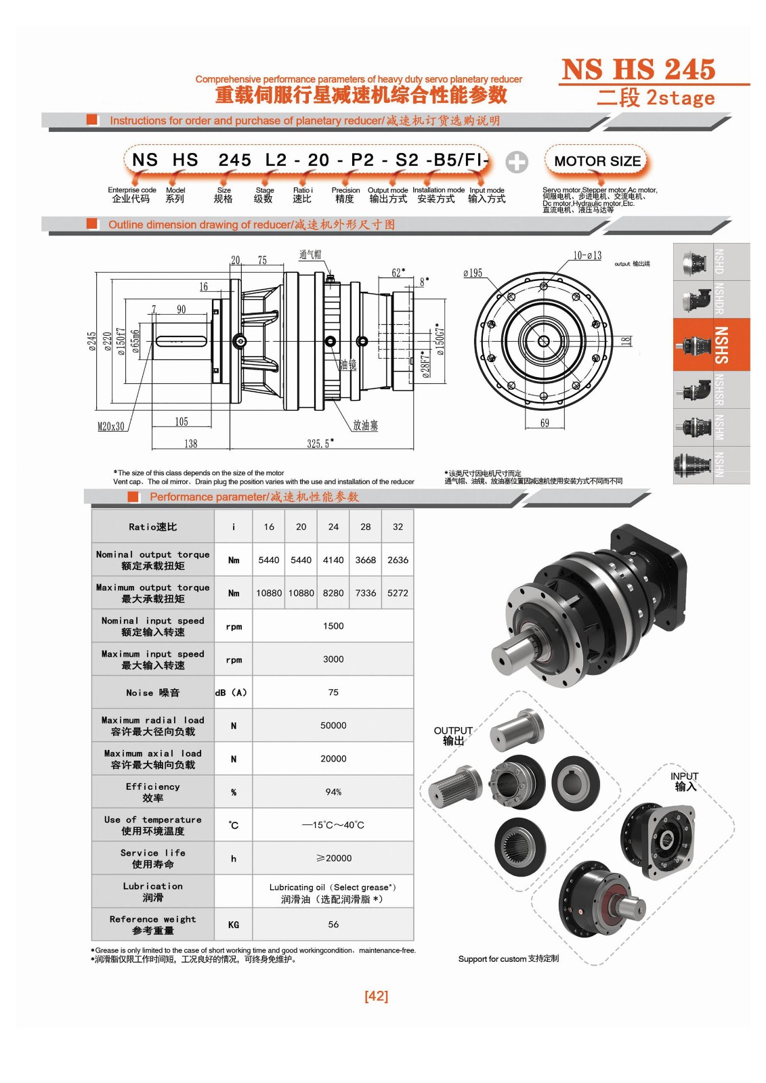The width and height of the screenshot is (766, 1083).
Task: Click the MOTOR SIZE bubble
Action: click(x=597, y=161)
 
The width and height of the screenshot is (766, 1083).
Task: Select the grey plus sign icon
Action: click(x=516, y=162)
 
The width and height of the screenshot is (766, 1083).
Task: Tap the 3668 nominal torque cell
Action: click(x=365, y=560)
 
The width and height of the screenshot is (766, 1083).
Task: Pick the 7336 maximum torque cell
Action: click(x=365, y=593)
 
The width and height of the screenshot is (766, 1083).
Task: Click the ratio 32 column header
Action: click(x=398, y=527)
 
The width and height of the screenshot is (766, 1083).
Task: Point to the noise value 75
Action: click(x=333, y=692)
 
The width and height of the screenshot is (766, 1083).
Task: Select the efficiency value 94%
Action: click(x=333, y=792)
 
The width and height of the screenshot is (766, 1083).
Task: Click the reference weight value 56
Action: click(x=333, y=925)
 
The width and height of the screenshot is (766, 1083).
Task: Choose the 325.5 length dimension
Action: click(x=320, y=443)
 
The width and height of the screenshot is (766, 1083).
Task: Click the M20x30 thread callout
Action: click(x=111, y=426)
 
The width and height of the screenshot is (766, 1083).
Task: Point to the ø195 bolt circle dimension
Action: click(x=472, y=273)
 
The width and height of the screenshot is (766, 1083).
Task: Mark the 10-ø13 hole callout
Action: click(x=587, y=255)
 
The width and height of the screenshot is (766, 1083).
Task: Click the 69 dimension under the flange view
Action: click(x=545, y=423)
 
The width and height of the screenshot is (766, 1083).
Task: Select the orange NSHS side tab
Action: click(x=711, y=345)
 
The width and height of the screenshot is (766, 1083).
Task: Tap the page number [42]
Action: click(x=376, y=996)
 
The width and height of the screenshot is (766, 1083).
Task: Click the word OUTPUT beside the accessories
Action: click(x=453, y=730)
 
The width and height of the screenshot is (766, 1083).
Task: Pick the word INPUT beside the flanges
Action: click(x=684, y=776)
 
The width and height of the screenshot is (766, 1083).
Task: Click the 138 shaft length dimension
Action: click(x=190, y=443)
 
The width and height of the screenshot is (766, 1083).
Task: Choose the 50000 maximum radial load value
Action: click(x=333, y=726)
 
